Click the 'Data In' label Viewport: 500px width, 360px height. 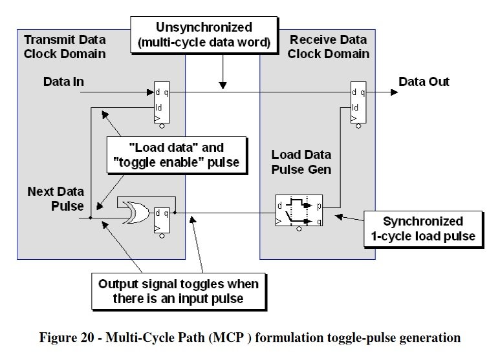63,82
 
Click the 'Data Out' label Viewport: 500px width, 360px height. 424,82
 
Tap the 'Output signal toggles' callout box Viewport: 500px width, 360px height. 178,291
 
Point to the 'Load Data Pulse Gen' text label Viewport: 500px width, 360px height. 301,162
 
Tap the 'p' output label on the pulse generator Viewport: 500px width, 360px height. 318,206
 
